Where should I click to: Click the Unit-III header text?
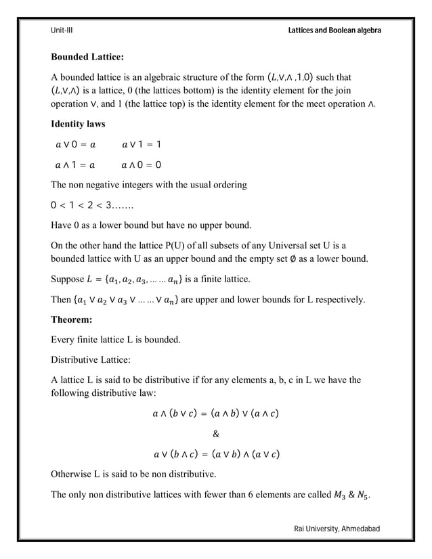point(62,31)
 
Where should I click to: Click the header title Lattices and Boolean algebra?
point(334,31)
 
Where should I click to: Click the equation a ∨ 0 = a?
point(76,145)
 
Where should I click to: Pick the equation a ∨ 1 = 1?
point(142,145)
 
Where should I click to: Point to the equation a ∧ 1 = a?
point(75,164)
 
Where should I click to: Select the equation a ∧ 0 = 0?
point(141,164)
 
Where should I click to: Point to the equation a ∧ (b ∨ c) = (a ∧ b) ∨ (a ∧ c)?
point(216,413)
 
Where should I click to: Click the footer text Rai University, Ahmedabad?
point(338,528)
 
